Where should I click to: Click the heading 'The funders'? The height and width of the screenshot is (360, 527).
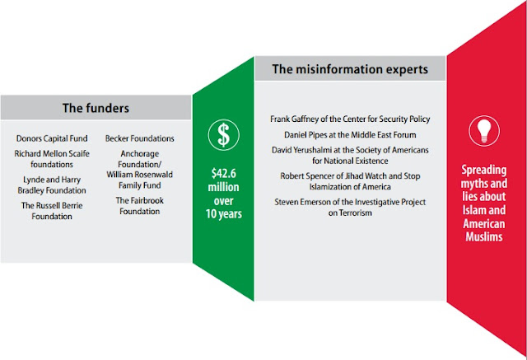(96, 108)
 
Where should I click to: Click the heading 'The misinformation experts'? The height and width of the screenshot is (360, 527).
(350, 69)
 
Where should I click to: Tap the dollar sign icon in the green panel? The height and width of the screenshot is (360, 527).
(223, 135)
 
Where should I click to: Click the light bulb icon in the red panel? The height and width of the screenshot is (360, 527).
(484, 131)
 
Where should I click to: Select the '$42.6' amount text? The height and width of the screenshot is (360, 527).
(223, 174)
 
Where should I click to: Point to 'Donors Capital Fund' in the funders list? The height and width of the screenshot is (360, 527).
(52, 138)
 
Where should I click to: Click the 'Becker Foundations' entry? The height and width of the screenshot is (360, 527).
(140, 138)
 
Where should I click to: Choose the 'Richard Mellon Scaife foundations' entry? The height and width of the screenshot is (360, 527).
(52, 159)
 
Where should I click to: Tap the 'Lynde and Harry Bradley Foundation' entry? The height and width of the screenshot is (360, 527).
(52, 185)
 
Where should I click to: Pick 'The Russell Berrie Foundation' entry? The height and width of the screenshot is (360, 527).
(52, 211)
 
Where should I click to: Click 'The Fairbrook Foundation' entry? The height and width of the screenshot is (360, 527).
(140, 206)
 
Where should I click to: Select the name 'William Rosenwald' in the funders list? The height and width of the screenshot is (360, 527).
(140, 175)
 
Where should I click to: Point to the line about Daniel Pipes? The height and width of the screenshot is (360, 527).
(350, 135)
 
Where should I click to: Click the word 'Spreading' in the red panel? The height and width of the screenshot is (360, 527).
(484, 171)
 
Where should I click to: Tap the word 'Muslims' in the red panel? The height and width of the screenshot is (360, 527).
(484, 237)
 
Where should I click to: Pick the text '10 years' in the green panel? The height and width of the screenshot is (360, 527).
(223, 214)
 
